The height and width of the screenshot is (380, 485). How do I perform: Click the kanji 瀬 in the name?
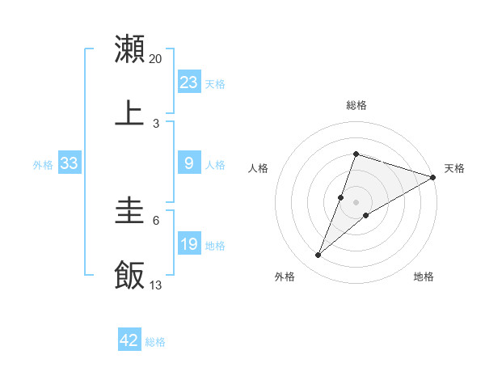tap(129, 49)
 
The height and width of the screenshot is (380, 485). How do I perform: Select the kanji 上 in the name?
tap(129, 112)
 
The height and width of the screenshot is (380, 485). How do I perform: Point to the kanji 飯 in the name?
tap(129, 275)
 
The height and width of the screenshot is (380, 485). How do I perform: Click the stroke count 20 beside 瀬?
tap(156, 59)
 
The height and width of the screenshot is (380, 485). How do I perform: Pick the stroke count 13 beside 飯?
tap(156, 285)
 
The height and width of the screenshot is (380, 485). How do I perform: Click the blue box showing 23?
tap(188, 82)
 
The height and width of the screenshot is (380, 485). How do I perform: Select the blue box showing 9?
tap(188, 163)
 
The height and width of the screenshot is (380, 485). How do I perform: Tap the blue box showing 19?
tap(188, 244)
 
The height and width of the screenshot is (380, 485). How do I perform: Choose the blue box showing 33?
tap(69, 163)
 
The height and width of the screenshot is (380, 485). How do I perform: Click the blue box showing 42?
tap(129, 340)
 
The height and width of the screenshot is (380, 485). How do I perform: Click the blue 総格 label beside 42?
tap(155, 342)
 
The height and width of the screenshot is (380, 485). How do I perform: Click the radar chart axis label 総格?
tap(356, 105)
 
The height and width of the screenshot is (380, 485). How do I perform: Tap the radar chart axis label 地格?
tap(424, 277)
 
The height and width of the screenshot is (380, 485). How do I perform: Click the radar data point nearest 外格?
tap(318, 255)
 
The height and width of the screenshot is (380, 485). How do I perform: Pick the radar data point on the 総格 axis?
tap(356, 154)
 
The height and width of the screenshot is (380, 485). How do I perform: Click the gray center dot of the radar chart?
tap(356, 201)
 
